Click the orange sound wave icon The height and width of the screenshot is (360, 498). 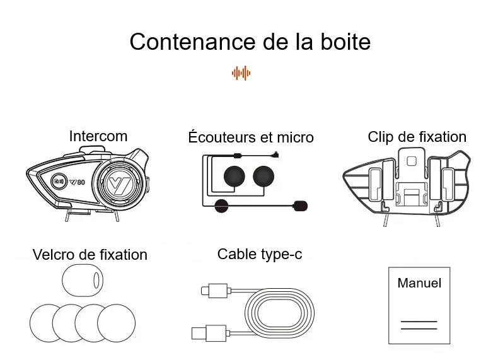[x=241, y=73]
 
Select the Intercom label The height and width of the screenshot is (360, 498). [x=98, y=136]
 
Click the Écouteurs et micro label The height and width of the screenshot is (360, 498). [x=250, y=137]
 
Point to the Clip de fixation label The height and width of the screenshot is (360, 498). [x=417, y=137]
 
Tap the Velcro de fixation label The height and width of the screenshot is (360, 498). [x=90, y=255]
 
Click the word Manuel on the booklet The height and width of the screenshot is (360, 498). [x=419, y=283]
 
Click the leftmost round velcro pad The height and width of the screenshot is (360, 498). [x=47, y=323]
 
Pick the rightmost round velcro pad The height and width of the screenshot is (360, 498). [x=117, y=323]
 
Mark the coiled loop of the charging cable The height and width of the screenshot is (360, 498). [x=279, y=313]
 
